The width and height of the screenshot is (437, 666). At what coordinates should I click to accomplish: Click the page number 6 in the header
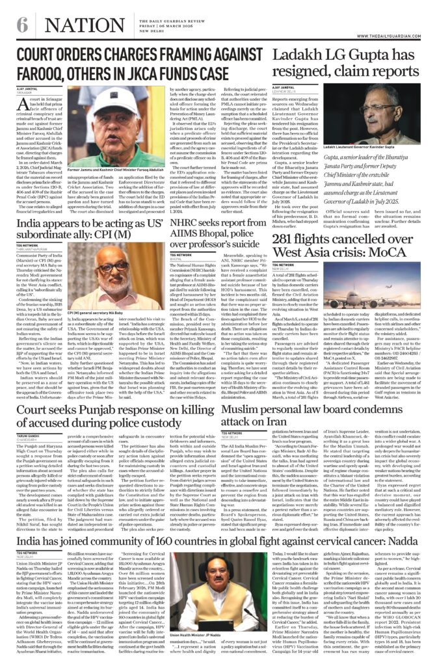pyautogui.click(x=22, y=25)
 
